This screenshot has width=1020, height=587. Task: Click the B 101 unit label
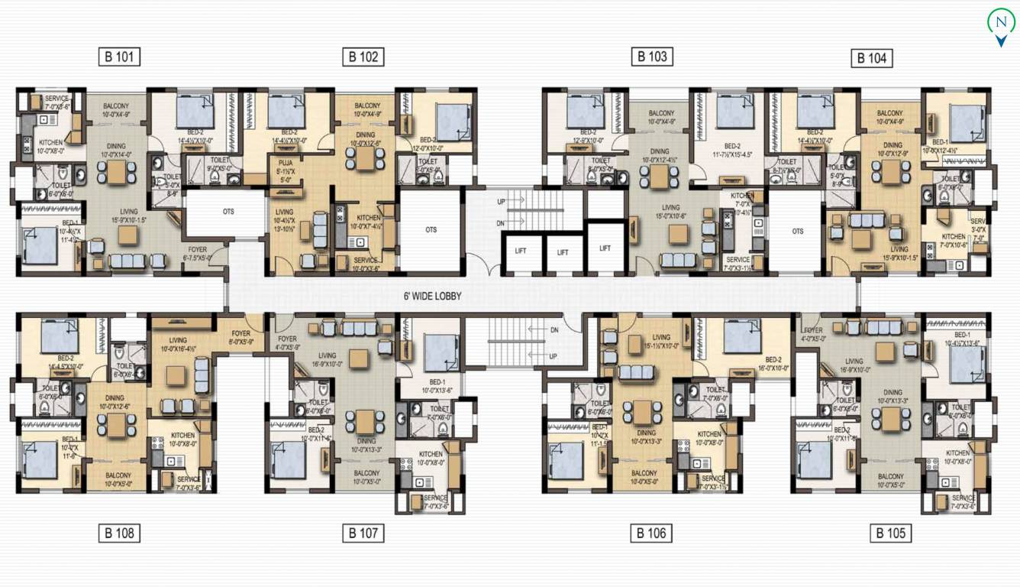(x=119, y=56)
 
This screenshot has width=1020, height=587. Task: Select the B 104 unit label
(x=871, y=58)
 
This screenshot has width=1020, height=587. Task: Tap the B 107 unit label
(x=363, y=533)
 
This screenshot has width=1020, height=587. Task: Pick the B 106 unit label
(x=651, y=533)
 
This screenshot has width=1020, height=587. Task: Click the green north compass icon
(x=1001, y=24)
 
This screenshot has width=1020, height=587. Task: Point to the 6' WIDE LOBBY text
(x=432, y=296)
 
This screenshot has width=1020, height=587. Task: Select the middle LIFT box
(x=563, y=251)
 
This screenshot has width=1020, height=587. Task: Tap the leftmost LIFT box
(x=521, y=251)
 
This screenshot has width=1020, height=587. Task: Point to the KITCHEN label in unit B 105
(x=957, y=453)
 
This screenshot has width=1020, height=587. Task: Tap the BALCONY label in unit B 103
(x=661, y=113)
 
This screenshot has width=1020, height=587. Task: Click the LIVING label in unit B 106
(x=661, y=337)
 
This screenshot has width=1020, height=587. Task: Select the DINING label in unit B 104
(x=892, y=145)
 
